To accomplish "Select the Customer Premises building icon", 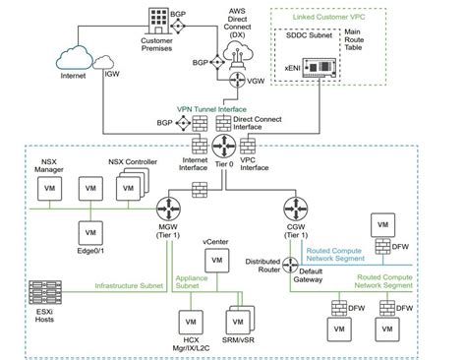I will coord(158,23).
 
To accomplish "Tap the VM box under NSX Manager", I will coord(44,189).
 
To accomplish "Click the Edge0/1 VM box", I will coord(89,233).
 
